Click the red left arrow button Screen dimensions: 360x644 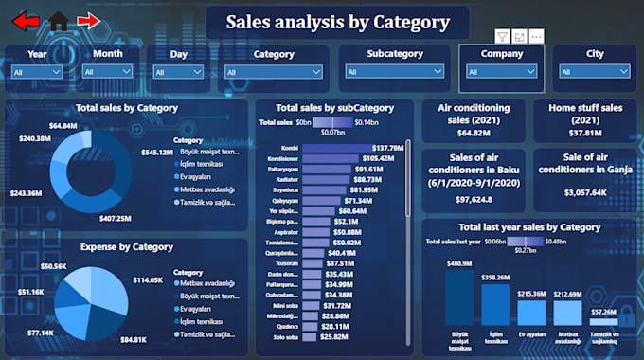(x=26, y=20)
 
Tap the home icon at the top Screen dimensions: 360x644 (x=59, y=20)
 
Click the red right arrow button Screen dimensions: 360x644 (x=88, y=20)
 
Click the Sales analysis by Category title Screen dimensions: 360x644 (x=337, y=22)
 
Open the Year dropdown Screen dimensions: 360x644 (x=37, y=71)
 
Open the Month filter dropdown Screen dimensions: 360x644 (x=107, y=71)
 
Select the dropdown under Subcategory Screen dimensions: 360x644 (x=395, y=71)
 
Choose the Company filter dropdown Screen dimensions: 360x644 (x=502, y=71)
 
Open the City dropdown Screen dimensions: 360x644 (x=594, y=71)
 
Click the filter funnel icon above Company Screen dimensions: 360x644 (x=503, y=36)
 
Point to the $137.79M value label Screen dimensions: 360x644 (x=388, y=148)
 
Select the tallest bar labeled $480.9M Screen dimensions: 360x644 (x=459, y=297)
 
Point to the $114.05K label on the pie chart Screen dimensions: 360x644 (x=148, y=280)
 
